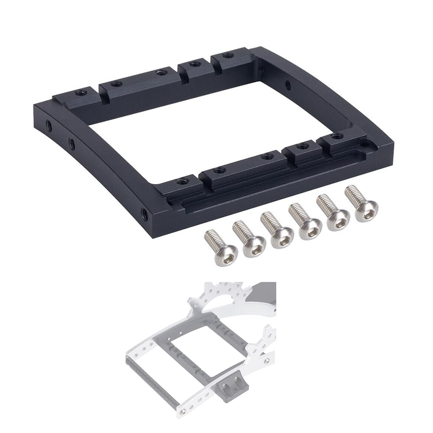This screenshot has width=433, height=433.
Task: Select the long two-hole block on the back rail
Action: (x=138, y=80)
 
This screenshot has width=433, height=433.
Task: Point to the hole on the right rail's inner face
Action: (x=288, y=84)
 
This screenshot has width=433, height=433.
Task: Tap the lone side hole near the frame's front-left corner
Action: (x=143, y=213)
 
